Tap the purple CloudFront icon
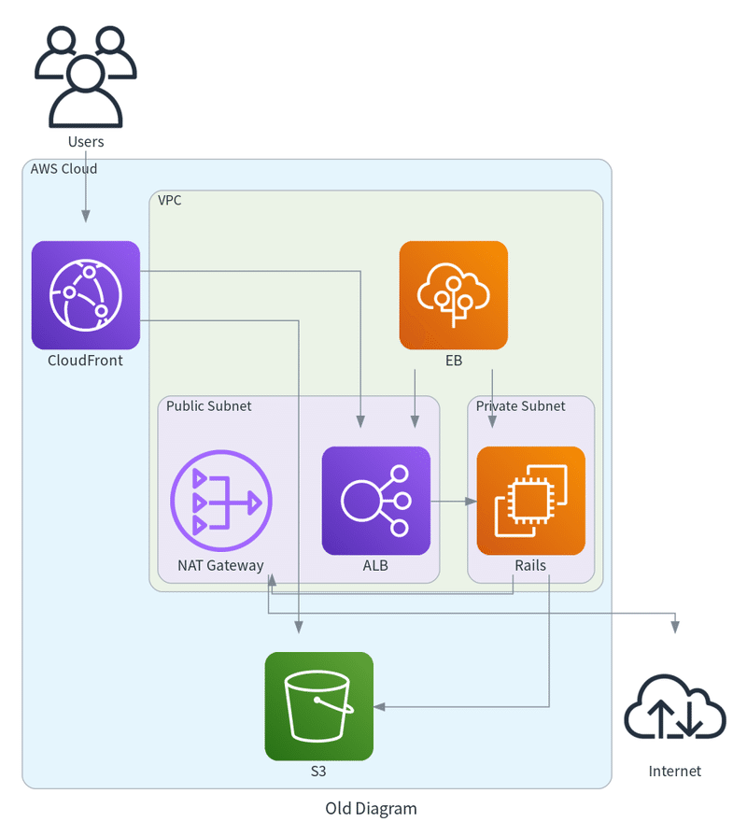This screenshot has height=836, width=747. tap(86, 295)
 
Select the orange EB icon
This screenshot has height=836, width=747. tap(454, 295)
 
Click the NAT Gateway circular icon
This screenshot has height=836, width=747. tap(221, 502)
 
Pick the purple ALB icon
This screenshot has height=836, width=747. tap(376, 501)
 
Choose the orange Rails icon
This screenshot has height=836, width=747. tap(530, 501)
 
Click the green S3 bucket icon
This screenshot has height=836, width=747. tap(319, 706)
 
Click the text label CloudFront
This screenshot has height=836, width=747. tap(85, 361)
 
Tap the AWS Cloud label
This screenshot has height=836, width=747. tap(63, 169)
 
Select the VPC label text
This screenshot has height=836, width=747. tap(170, 200)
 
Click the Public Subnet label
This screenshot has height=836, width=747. tap(208, 406)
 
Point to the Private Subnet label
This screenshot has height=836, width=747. tap(520, 406)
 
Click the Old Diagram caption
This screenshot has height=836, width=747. tap(371, 809)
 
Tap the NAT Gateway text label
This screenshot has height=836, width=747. tap(220, 565)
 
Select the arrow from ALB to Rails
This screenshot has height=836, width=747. tap(454, 502)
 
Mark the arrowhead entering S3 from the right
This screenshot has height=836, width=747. tap(379, 707)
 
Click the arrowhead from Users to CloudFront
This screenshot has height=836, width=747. tap(86, 217)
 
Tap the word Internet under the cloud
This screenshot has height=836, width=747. tap(675, 772)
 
